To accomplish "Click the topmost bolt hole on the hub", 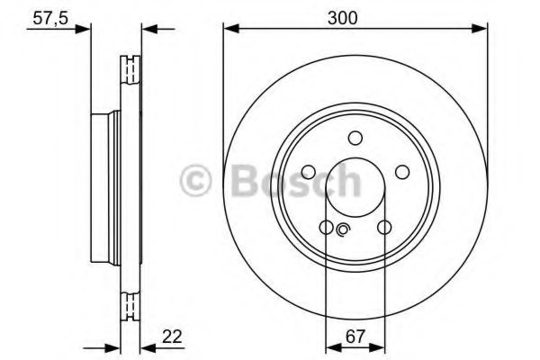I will click(355, 138).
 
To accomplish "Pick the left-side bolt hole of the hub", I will click(308, 172).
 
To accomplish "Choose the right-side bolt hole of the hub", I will click(401, 172).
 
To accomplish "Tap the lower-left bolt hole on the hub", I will click(326, 227).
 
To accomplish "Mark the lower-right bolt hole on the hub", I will click(383, 227).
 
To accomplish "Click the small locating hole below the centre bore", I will click(343, 230).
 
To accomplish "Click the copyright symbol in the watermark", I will click(196, 180).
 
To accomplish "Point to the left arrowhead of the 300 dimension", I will click(229, 29).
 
